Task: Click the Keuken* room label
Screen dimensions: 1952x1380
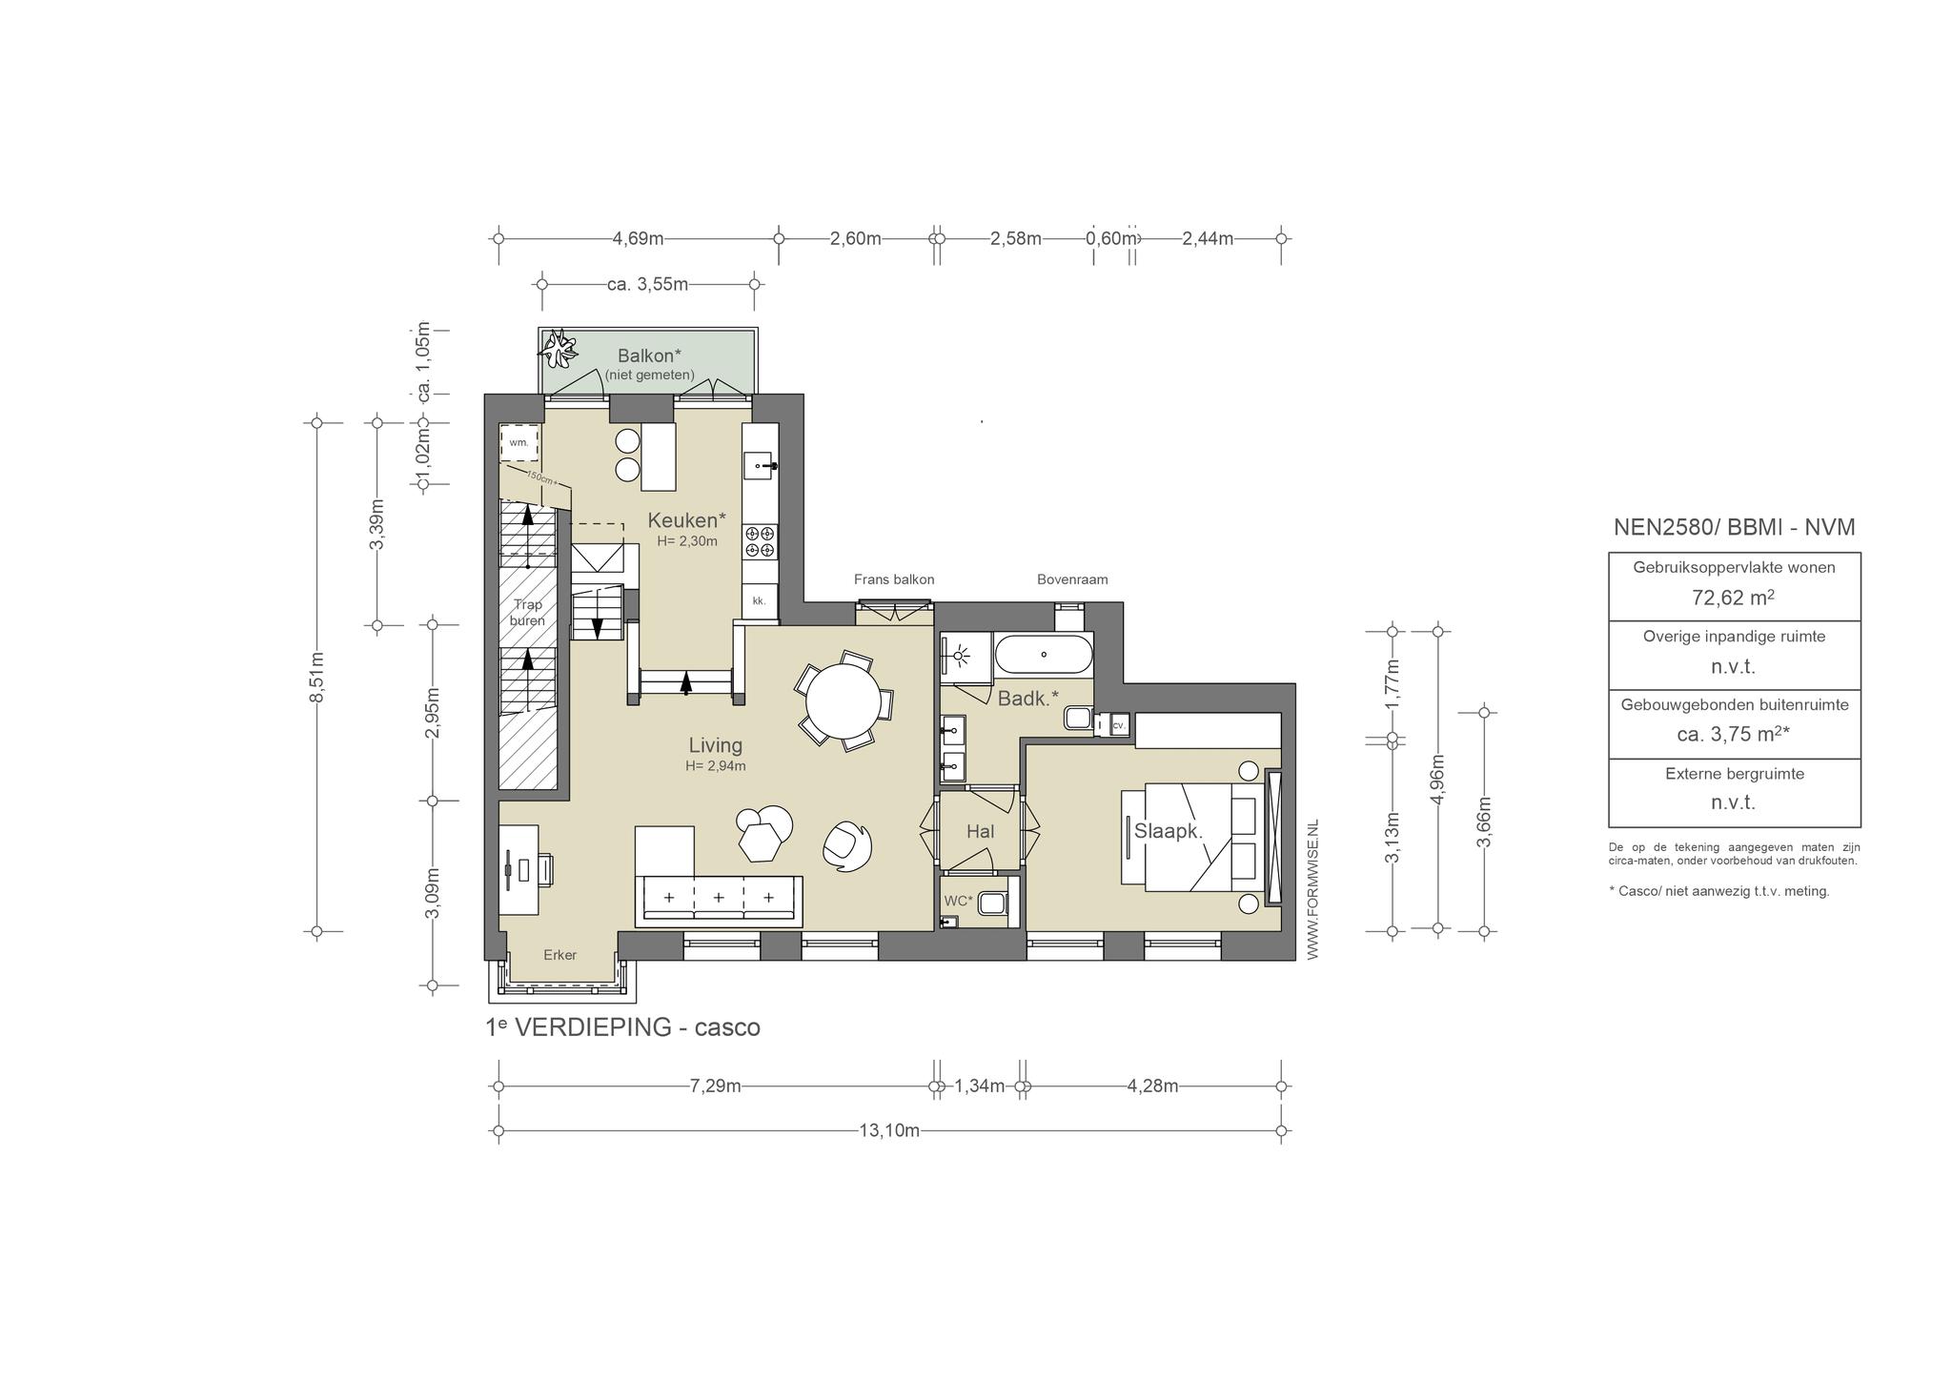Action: [x=686, y=520]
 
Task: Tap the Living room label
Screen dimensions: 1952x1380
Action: [x=716, y=745]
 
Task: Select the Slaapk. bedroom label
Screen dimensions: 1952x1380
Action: [x=1169, y=831]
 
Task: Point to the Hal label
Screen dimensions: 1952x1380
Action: [x=980, y=832]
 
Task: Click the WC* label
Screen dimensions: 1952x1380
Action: [x=958, y=901]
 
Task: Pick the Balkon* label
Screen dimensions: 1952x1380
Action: [x=649, y=356]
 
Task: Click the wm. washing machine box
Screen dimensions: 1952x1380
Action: [x=519, y=443]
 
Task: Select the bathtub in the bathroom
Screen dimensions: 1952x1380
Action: [x=1043, y=655]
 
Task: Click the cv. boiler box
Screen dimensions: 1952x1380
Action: [x=1119, y=725]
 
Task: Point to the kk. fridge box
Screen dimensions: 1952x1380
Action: [x=760, y=601]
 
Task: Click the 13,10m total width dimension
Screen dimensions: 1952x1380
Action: [x=889, y=1131]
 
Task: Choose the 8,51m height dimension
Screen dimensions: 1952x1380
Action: [x=317, y=677]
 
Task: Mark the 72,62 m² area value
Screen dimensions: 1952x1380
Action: [x=1734, y=599]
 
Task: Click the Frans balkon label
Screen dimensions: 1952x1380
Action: [x=894, y=579]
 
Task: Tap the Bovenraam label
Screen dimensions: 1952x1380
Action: [x=1072, y=579]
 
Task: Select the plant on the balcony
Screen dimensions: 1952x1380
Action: [x=559, y=349]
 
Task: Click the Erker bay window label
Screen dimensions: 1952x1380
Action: [x=560, y=955]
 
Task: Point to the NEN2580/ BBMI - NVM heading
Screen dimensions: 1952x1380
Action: [x=1734, y=528]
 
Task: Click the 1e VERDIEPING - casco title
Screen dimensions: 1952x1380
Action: [x=623, y=1027]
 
